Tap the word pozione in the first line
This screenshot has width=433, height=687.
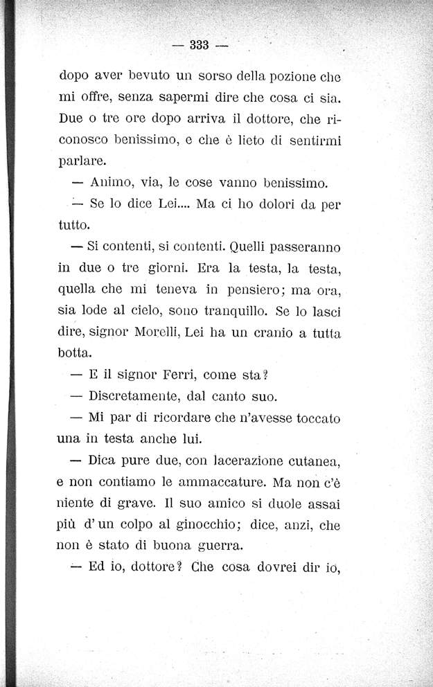click(271, 75)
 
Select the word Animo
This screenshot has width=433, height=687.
click(112, 184)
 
